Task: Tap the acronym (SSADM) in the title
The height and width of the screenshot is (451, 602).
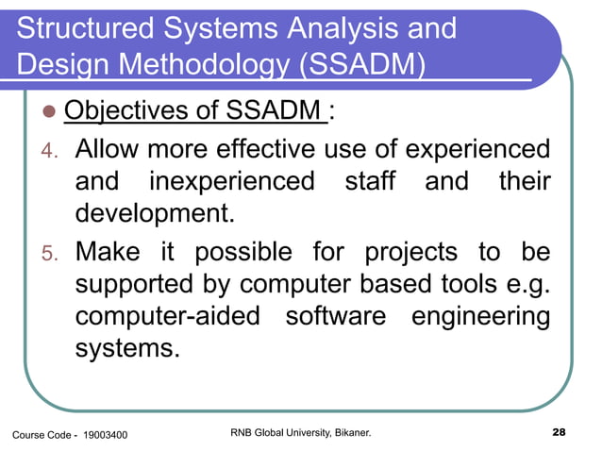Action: [358, 65]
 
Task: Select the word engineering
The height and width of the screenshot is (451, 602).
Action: [480, 316]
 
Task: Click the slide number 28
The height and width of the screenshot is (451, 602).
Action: [557, 433]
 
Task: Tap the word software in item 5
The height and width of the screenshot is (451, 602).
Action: [335, 316]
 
